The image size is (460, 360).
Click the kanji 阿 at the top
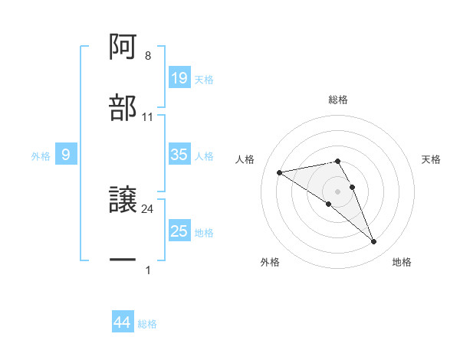click(x=123, y=47)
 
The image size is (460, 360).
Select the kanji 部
click(x=123, y=108)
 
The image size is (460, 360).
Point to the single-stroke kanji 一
click(x=123, y=260)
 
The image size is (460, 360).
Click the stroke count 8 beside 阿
click(x=148, y=56)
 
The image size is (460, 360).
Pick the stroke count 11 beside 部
click(x=148, y=117)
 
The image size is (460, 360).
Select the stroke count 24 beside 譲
click(x=148, y=208)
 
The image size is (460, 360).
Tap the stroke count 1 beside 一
click(x=148, y=270)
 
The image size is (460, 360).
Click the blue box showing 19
click(x=179, y=78)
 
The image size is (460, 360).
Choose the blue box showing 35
click(x=179, y=155)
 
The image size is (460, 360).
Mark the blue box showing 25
click(x=179, y=231)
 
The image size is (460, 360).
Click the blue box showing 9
click(x=66, y=155)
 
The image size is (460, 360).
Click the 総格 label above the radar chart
click(x=338, y=100)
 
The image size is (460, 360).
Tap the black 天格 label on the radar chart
click(x=432, y=159)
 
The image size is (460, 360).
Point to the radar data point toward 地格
click(x=374, y=242)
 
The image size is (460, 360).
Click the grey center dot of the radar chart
click(x=338, y=190)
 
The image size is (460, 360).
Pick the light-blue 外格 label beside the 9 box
click(x=41, y=155)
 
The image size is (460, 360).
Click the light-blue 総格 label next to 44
click(x=147, y=324)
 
